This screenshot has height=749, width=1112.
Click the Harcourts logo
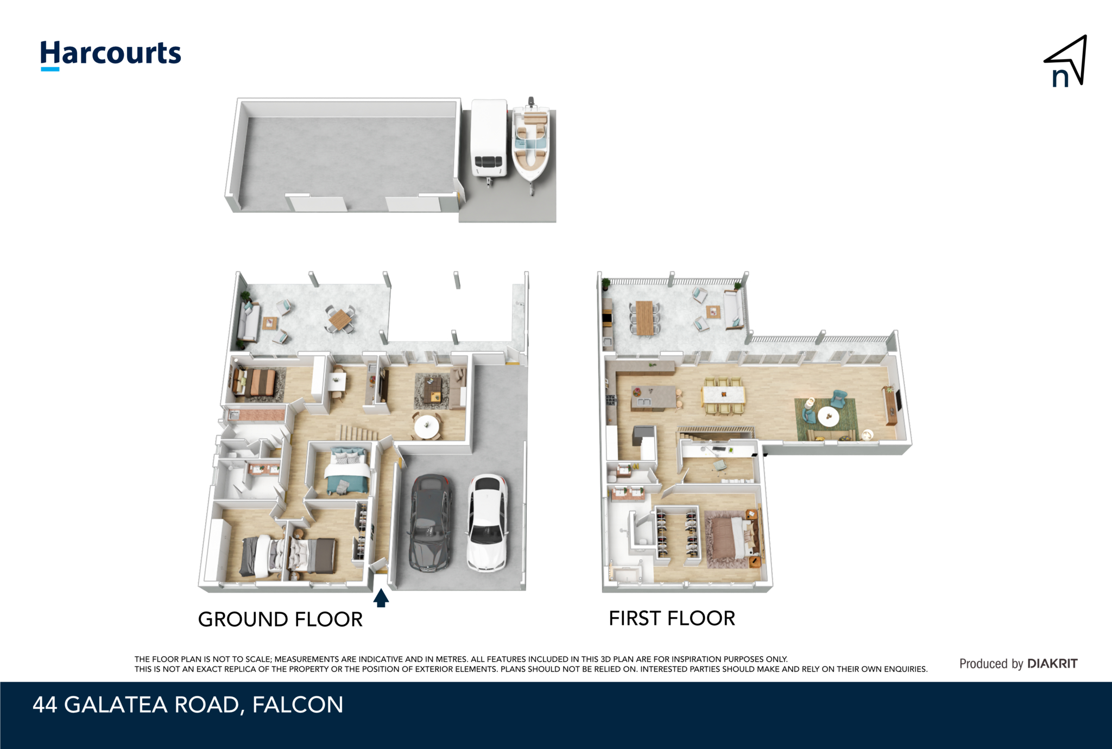(111, 55)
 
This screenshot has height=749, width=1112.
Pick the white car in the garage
(488, 523)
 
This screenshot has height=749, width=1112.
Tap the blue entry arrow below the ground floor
(381, 598)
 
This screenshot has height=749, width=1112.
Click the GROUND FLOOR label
(280, 619)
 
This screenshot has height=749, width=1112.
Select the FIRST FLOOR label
(672, 618)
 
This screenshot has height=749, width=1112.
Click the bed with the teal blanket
(347, 471)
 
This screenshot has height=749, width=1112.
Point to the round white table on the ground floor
(427, 426)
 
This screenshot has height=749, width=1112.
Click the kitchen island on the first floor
(653, 397)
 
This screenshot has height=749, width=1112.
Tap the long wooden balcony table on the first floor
(645, 318)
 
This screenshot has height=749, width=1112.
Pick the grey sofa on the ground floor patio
(248, 322)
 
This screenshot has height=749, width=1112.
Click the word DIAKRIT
(1052, 663)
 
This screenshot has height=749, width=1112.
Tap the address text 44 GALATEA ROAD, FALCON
(188, 704)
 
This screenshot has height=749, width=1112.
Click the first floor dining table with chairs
(723, 396)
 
